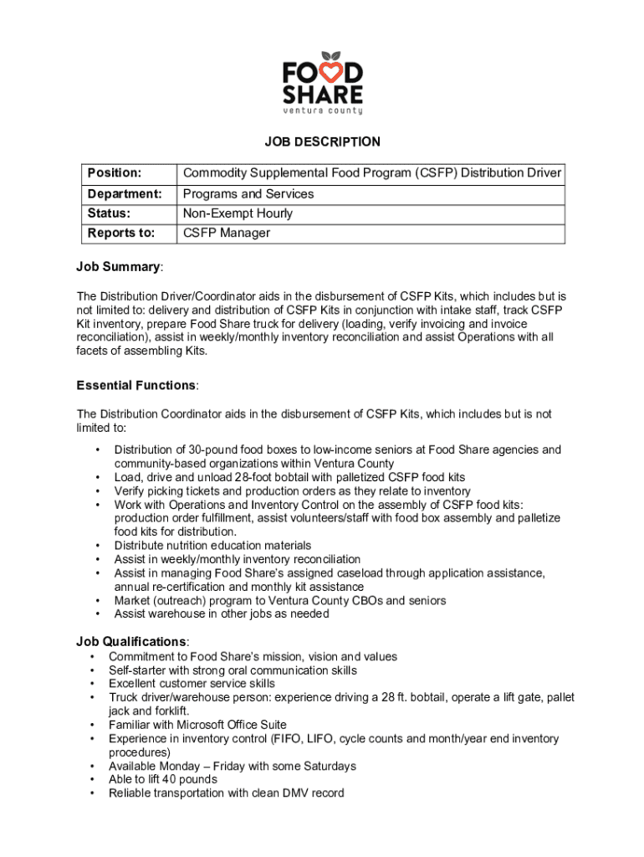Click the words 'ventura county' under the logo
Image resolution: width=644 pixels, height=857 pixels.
point(322,110)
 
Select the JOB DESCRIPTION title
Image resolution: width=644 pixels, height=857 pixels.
point(322,142)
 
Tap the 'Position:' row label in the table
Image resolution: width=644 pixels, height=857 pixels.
point(114,173)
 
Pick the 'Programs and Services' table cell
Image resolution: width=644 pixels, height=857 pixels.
point(248,193)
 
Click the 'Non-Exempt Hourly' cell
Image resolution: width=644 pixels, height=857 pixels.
point(238,213)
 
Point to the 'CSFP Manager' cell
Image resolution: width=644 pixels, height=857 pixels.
point(227,233)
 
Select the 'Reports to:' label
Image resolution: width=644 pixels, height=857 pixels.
point(121,233)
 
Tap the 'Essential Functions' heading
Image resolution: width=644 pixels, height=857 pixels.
point(136,385)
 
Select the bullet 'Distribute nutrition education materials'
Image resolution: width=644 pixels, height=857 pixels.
point(212,546)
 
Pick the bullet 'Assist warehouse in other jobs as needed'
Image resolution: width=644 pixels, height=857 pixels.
point(222,613)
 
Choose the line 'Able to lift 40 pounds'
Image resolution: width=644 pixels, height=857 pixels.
point(163,779)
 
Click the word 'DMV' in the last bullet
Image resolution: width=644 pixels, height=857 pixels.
point(301,793)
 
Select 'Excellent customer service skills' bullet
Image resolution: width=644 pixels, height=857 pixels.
point(192,684)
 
